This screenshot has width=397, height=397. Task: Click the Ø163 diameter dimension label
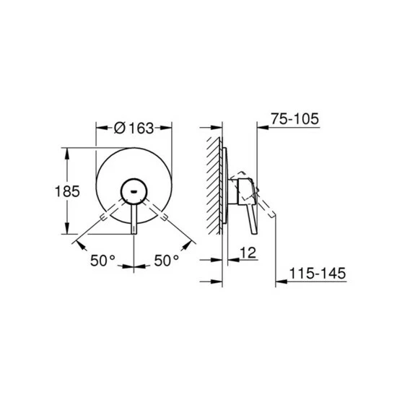[x=134, y=128]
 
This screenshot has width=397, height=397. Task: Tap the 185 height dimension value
[x=67, y=191]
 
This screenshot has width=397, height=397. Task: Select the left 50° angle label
[x=102, y=261]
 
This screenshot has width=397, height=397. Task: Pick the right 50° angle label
[x=167, y=261]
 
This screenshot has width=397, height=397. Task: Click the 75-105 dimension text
[x=295, y=118]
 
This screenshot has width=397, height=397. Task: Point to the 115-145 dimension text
[x=318, y=273]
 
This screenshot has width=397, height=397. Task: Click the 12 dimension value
[x=248, y=253]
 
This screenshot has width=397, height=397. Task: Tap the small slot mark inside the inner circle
[x=134, y=192]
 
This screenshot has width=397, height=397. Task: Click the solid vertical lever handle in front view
[x=134, y=219]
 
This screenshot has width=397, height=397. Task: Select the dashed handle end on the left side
[x=103, y=217]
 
